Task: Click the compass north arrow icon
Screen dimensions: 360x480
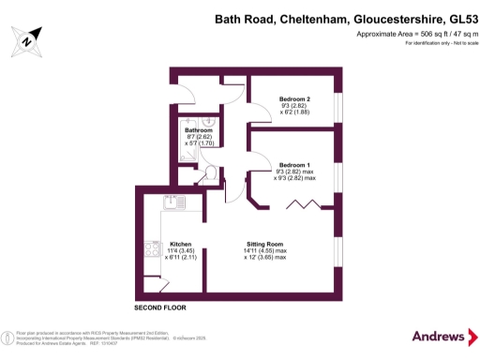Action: pos(28,38)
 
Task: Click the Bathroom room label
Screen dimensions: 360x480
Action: pos(199,130)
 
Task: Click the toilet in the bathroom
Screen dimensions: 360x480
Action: pos(211,172)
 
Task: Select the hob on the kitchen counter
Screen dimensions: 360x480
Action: pos(151,248)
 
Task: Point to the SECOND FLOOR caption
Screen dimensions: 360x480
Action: pos(160,307)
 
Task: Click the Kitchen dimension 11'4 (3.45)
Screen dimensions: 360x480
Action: pos(181,251)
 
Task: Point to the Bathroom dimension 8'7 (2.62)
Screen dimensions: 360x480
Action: pos(199,137)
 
